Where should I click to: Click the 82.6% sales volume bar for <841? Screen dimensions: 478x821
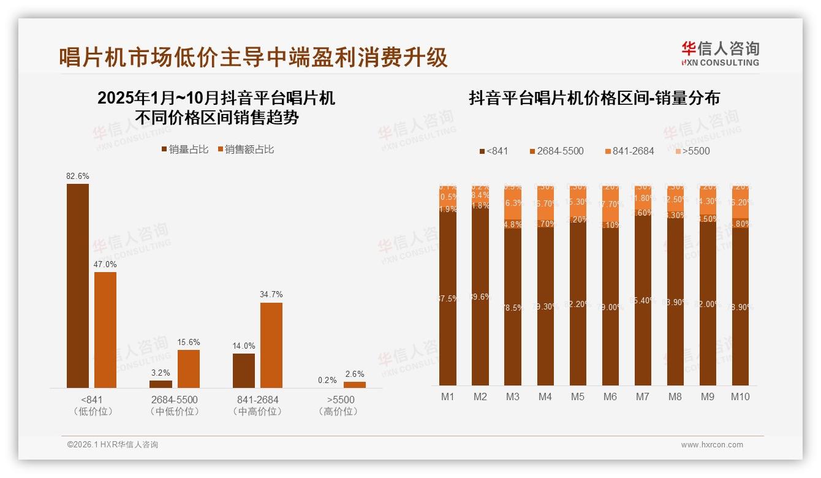point(78,286)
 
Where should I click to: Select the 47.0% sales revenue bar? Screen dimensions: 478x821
point(105,330)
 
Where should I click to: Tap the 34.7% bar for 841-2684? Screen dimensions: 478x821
point(271,345)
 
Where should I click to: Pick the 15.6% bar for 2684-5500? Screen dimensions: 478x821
point(189,368)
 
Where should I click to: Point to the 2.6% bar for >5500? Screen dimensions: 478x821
point(355,385)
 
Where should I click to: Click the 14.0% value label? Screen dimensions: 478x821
point(244,346)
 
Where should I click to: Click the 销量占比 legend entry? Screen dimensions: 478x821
point(184,150)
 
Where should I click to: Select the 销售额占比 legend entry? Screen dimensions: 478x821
point(245,150)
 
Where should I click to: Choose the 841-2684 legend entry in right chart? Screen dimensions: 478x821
point(629,151)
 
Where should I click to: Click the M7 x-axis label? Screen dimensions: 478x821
point(642,396)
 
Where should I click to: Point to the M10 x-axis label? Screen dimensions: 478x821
point(740,396)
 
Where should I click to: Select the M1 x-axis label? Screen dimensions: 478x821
point(448,396)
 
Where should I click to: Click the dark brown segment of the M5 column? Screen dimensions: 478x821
point(578,303)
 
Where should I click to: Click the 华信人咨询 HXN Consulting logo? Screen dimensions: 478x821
point(720,53)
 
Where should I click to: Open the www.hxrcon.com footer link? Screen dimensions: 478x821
point(712,445)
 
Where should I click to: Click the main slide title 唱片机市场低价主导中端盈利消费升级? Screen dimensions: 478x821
point(254,57)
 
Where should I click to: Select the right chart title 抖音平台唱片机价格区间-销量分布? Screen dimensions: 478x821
point(594,98)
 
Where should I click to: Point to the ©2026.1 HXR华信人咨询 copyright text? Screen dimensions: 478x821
point(112,445)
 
